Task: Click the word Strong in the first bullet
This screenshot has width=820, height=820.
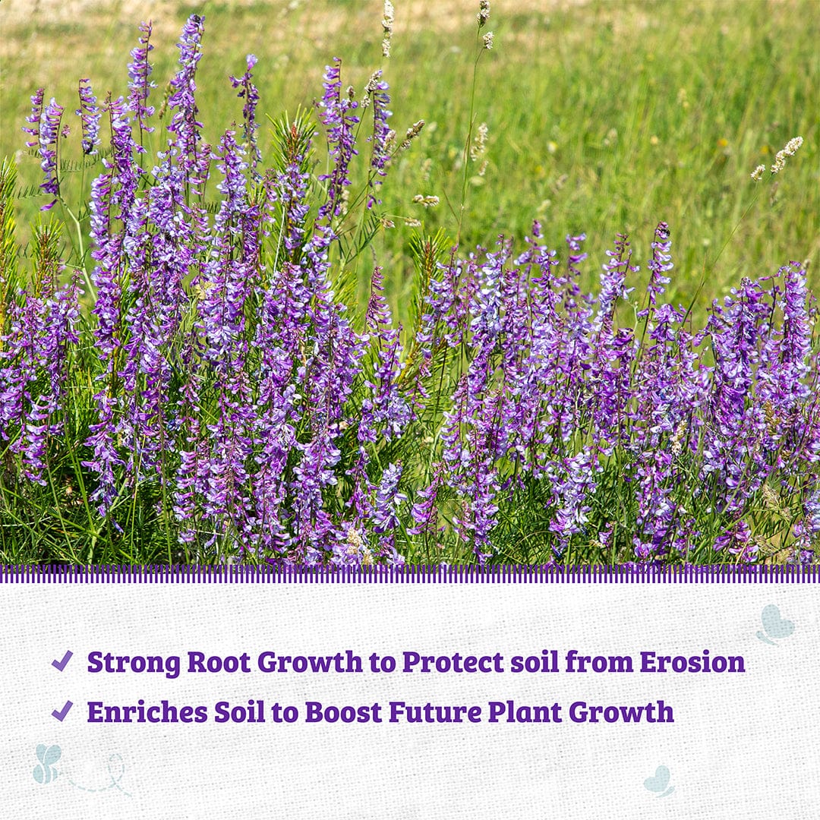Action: (133, 662)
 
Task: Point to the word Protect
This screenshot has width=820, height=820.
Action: (453, 662)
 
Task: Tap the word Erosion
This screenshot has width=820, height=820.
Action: (692, 662)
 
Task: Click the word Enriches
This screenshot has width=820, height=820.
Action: (147, 712)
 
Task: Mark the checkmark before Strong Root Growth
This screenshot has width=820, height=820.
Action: (62, 661)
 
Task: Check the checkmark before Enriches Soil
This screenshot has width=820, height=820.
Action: (62, 711)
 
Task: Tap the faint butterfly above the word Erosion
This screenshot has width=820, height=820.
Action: (774, 624)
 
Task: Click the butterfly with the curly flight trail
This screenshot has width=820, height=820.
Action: (47, 763)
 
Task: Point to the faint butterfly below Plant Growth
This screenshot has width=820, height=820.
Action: (659, 781)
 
